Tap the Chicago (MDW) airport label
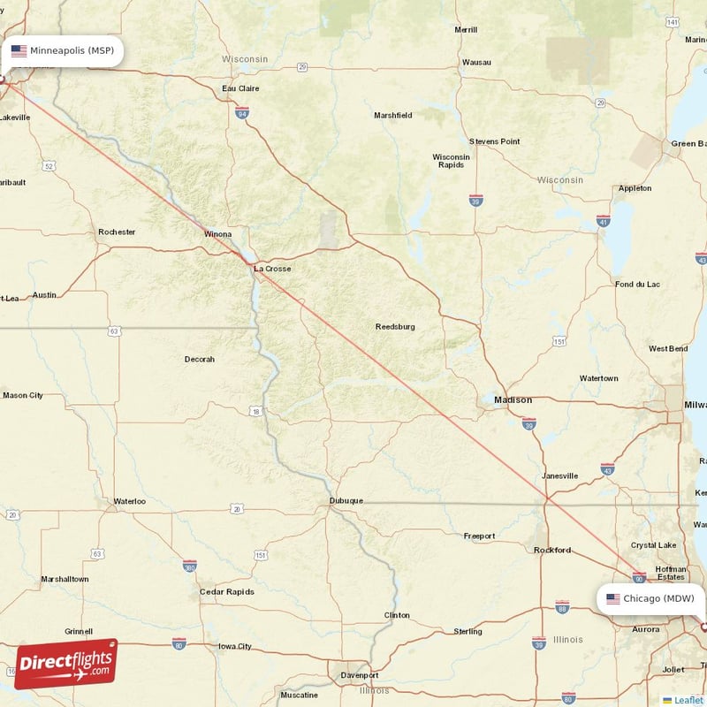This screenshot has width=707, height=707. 651,598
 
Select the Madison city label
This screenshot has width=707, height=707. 513,399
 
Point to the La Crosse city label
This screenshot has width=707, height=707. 271,268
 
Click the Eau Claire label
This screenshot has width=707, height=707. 240,88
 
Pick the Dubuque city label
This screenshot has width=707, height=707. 346,500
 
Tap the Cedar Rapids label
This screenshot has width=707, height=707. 227,591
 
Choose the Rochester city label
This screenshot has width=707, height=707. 117,232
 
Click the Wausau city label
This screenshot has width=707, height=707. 476,63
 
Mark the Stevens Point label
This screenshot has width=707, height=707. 494,141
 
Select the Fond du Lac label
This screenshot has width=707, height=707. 637,285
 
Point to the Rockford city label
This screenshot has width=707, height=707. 552,550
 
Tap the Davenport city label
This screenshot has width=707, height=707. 360,676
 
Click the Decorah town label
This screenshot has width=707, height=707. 199,359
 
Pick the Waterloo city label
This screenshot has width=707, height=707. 129,501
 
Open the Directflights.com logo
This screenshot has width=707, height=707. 66,663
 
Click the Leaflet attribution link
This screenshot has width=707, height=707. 688,700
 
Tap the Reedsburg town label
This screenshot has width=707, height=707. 395,326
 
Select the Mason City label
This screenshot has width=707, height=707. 23,395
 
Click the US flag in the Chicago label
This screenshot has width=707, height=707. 613,598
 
